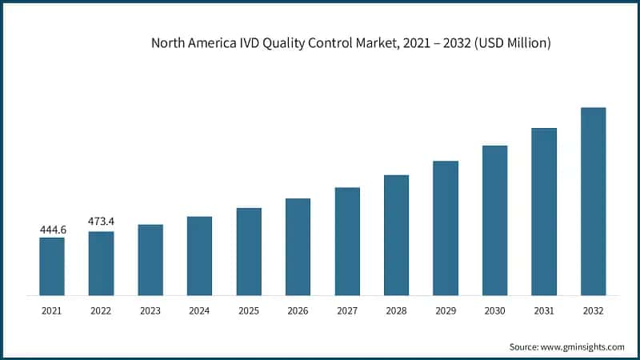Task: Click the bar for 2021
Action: click(x=52, y=266)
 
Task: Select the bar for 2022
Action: click(x=101, y=263)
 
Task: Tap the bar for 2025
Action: click(x=249, y=251)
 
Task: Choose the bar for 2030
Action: click(x=495, y=220)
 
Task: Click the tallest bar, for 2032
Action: click(x=593, y=201)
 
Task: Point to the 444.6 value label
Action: click(x=52, y=230)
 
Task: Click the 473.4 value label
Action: click(x=101, y=221)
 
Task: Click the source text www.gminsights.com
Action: click(x=583, y=346)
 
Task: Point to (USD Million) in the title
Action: click(x=511, y=43)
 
